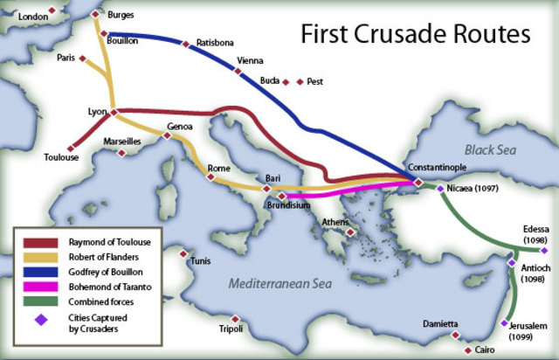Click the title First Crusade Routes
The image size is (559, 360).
pos(416,34)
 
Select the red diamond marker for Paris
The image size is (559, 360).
pos(81,59)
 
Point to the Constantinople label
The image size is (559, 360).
pos(438,167)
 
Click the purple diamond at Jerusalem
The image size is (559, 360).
pos(504,323)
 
